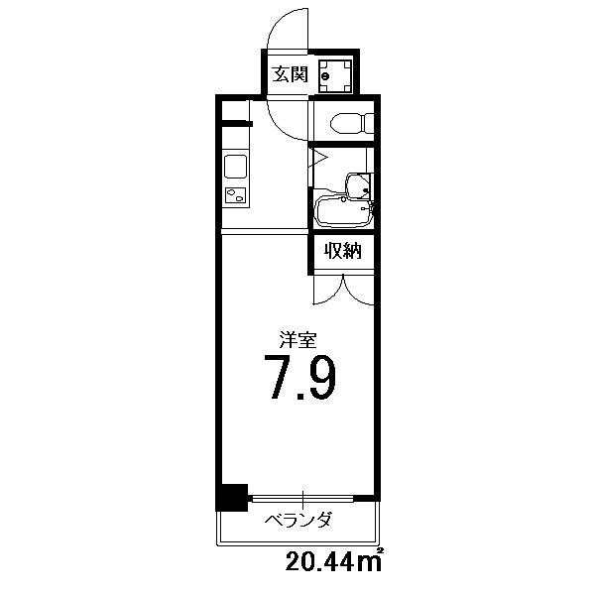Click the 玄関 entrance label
point(291,74)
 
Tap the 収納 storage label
point(343,251)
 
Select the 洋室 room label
point(297,340)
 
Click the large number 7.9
point(299,378)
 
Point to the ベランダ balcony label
point(297,520)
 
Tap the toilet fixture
point(352,124)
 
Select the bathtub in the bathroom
point(344,211)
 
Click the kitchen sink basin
point(236,167)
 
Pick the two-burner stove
point(236,195)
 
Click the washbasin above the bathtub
point(358,185)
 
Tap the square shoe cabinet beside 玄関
point(335,76)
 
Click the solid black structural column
point(232,497)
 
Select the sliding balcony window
point(302,499)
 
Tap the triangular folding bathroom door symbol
point(318,157)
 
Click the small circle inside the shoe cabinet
point(325,76)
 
